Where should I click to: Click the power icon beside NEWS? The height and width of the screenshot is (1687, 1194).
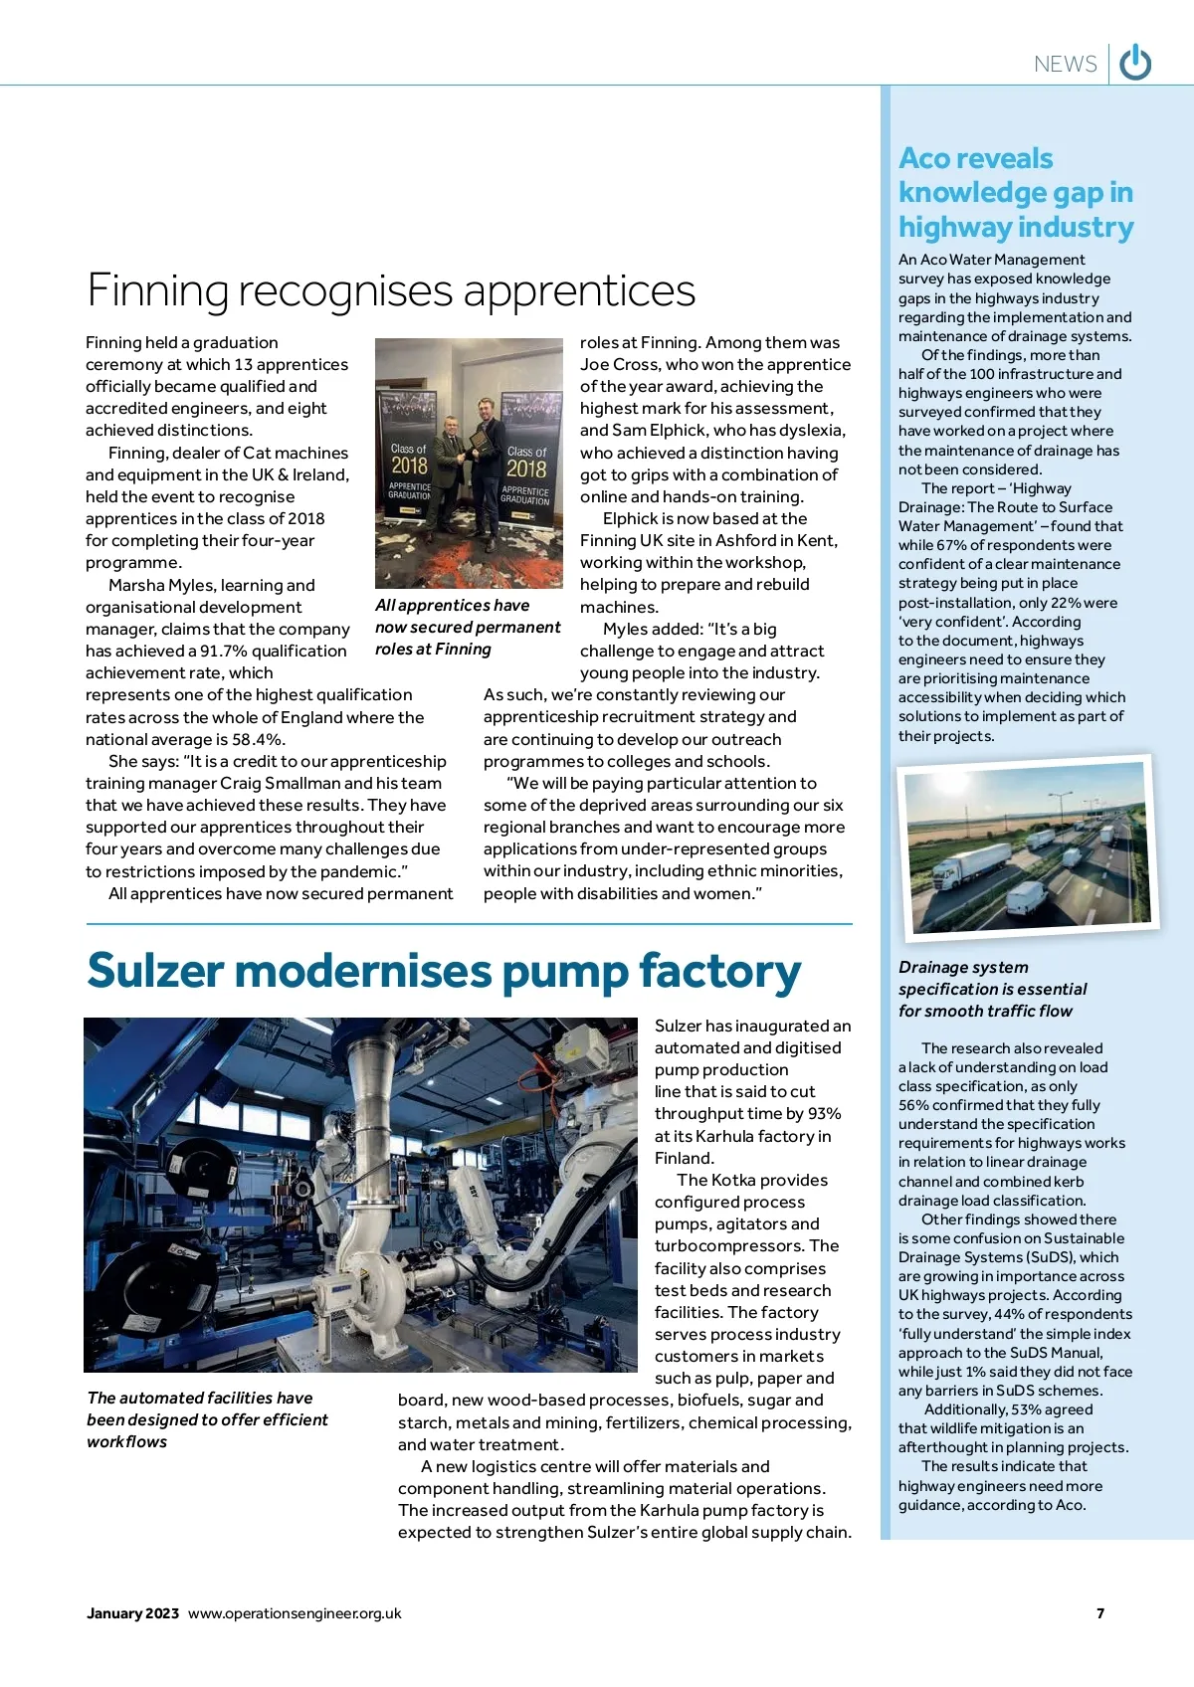[1135, 63]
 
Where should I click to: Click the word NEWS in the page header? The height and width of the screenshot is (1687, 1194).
[1065, 64]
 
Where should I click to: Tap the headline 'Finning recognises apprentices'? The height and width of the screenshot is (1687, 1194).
[391, 290]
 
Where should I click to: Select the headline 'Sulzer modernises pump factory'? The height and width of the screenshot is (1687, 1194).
[444, 971]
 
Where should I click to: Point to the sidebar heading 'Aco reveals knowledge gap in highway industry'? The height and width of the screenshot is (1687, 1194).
[1015, 192]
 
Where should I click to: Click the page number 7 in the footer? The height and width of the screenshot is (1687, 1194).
[1100, 1612]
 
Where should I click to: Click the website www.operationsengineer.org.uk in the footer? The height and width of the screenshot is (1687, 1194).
[295, 1612]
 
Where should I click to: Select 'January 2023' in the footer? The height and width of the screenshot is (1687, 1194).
[132, 1612]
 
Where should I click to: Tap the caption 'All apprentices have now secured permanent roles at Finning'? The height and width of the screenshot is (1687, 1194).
[468, 627]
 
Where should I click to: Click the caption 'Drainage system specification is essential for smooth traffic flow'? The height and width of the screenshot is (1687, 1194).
[992, 989]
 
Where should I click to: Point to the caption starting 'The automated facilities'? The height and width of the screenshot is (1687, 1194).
[207, 1419]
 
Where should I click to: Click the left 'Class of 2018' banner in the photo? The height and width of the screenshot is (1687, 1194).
[409, 468]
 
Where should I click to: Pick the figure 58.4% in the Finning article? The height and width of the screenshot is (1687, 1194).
[257, 739]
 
